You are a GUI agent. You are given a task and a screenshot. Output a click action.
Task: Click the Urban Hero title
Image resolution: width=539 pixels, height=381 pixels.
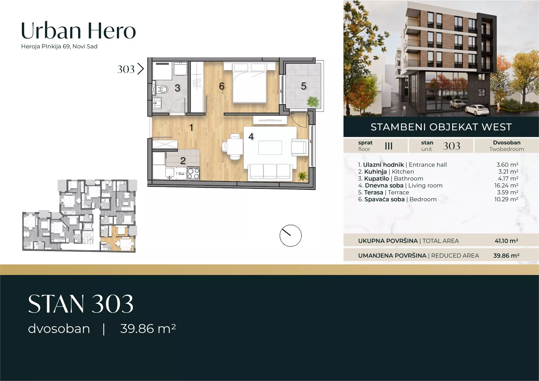[x=78, y=31]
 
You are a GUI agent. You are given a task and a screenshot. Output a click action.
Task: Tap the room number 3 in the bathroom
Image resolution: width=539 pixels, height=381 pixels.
[x=177, y=88]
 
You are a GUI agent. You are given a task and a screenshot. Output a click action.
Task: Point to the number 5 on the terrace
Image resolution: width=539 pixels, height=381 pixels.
[x=304, y=86]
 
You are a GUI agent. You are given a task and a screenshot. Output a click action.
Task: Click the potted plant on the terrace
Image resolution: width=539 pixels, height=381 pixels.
[x=313, y=101]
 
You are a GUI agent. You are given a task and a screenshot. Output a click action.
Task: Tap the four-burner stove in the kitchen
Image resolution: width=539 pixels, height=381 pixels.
[x=193, y=174]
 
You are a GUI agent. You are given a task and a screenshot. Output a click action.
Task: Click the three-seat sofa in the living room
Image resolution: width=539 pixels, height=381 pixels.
[x=270, y=172]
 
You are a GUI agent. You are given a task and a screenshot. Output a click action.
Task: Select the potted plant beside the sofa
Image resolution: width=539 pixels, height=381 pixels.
[x=303, y=176]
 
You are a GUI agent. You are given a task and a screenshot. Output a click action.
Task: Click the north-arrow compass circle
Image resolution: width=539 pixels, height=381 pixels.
[x=291, y=236]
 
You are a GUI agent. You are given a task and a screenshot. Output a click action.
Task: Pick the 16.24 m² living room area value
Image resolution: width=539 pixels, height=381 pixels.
[x=506, y=186]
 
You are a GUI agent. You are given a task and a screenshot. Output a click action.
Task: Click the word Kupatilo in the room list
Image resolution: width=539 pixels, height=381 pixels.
[x=377, y=179]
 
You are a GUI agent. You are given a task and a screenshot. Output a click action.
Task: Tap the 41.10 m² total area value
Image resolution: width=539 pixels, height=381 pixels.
[x=507, y=241]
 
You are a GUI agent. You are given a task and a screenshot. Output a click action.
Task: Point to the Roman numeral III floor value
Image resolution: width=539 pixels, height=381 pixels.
[x=389, y=146]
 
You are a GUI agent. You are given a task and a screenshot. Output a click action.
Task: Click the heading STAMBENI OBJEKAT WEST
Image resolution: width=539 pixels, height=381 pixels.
[x=441, y=127]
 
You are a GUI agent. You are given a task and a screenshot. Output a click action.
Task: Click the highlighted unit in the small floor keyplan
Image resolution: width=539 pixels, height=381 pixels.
[x=118, y=238]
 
